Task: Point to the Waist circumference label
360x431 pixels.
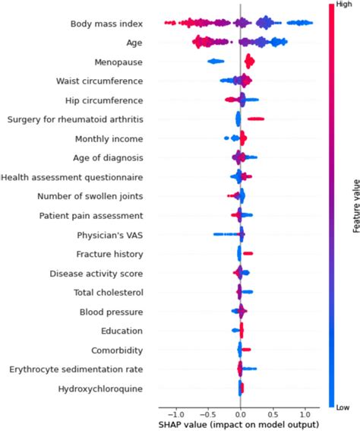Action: pyautogui.click(x=104, y=81)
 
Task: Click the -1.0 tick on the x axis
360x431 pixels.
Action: pyautogui.click(x=175, y=415)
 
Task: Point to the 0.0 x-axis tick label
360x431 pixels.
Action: pyautogui.click(x=240, y=415)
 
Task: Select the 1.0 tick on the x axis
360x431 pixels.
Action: pyautogui.click(x=304, y=415)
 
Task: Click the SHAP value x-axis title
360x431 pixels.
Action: pyautogui.click(x=239, y=425)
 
